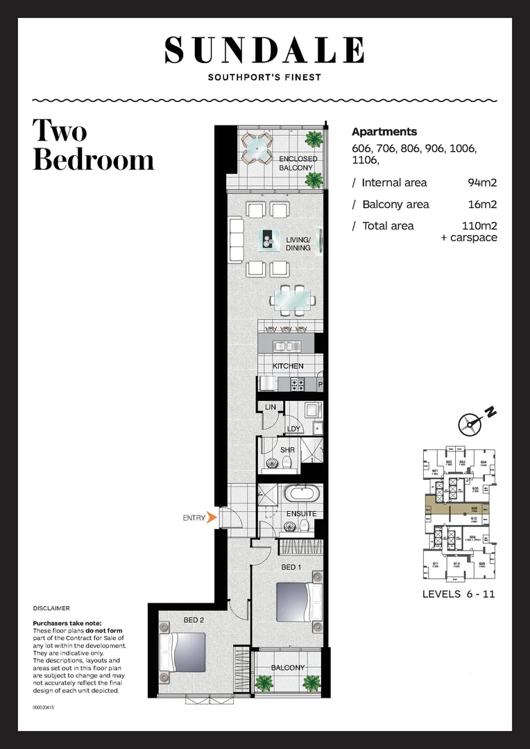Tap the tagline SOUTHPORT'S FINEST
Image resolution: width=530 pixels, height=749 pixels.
pyautogui.click(x=264, y=77)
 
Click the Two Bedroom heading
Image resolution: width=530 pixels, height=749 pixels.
pyautogui.click(x=93, y=145)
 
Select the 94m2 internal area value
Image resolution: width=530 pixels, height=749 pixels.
pyautogui.click(x=484, y=183)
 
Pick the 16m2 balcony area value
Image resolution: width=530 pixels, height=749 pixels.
pyautogui.click(x=484, y=205)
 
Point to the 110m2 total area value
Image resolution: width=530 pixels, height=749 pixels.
pyautogui.click(x=479, y=226)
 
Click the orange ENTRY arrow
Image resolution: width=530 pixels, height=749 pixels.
pyautogui.click(x=212, y=517)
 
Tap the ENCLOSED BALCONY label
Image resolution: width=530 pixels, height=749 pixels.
pyautogui.click(x=298, y=164)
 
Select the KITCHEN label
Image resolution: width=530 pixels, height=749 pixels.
pyautogui.click(x=288, y=365)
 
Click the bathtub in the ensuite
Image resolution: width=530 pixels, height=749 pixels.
pyautogui.click(x=302, y=495)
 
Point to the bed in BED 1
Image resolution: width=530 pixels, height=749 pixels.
pyautogui.click(x=299, y=601)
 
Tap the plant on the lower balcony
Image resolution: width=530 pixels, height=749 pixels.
pyautogui.click(x=264, y=682)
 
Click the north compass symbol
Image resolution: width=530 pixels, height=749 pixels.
pyautogui.click(x=471, y=423)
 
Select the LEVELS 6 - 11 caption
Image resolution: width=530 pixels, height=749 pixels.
pyautogui.click(x=458, y=594)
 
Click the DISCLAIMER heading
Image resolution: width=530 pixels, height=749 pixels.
pyautogui.click(x=51, y=608)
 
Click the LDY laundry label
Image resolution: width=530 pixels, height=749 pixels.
pyautogui.click(x=293, y=429)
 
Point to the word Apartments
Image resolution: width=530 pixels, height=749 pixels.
pyautogui.click(x=384, y=132)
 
